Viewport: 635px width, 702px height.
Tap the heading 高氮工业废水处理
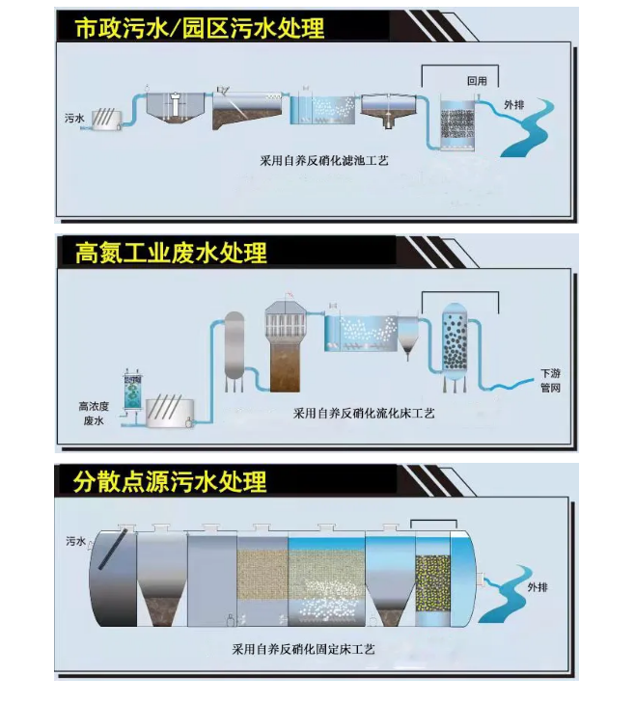coord(171,254)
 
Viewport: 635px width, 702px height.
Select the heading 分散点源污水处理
coord(171,479)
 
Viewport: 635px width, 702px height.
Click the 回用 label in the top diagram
coord(476,82)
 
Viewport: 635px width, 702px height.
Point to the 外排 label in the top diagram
coord(514,105)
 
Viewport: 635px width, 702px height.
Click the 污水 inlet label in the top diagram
coord(75,119)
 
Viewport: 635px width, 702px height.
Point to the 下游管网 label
coord(550,381)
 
